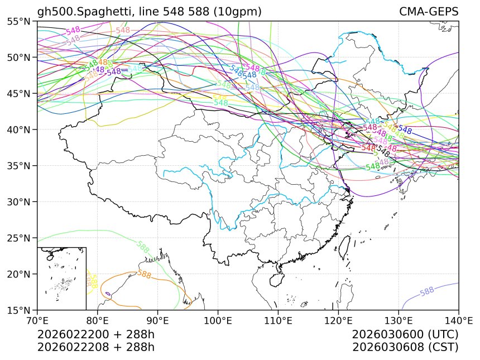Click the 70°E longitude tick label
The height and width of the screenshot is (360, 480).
tap(37, 320)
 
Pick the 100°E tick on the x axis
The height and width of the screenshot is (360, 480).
tap(218, 320)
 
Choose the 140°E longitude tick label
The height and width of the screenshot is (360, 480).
tap(458, 320)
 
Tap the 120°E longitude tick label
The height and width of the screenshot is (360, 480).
tap(338, 320)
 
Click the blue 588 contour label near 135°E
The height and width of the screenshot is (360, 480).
tap(427, 291)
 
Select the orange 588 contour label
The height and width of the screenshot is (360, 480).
tap(145, 274)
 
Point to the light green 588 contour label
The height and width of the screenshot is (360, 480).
tap(142, 247)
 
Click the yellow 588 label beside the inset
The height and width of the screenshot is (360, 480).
tap(93, 281)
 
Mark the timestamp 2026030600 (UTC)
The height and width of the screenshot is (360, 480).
tap(405, 335)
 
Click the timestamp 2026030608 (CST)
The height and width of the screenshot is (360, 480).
tap(405, 347)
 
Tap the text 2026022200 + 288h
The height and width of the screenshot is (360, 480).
tap(95, 335)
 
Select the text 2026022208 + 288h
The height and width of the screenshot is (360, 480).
tap(95, 347)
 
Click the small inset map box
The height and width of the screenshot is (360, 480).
tap(61, 278)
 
